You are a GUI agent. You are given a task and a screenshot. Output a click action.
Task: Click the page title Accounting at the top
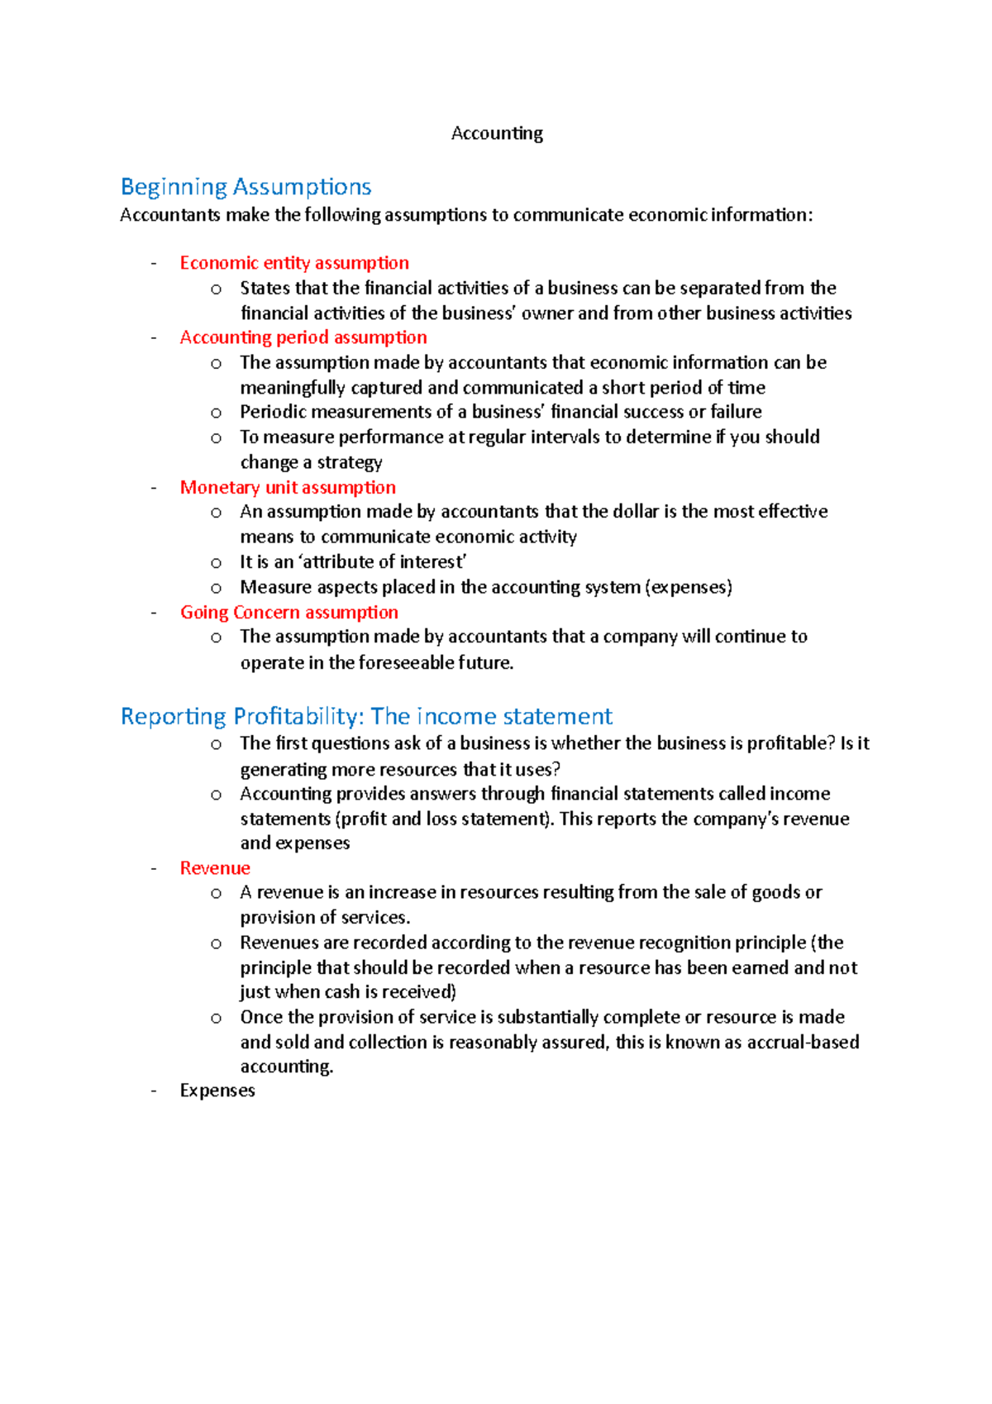[x=497, y=133]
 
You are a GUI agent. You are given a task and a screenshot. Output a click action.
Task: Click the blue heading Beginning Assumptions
[x=246, y=187]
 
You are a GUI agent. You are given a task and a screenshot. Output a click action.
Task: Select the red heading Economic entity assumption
[x=294, y=263]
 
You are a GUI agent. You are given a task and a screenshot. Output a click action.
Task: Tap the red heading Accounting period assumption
[x=303, y=337]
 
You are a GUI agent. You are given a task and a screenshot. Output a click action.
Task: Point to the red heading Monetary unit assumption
[x=288, y=488]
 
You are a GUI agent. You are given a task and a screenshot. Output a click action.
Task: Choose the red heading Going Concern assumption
[x=289, y=613]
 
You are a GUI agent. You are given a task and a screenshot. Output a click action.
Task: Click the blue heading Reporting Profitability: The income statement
[x=366, y=716]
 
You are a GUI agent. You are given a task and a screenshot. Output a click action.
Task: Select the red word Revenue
[x=215, y=868]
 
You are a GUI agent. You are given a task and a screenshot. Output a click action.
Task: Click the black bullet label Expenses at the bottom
[x=217, y=1091]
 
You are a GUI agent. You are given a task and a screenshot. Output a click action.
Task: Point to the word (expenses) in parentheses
[x=689, y=587]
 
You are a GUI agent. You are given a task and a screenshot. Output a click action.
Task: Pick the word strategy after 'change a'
[x=350, y=463]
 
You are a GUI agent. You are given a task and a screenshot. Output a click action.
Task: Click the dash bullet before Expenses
[x=154, y=1091]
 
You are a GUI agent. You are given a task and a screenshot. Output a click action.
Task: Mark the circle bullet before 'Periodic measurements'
[x=216, y=413]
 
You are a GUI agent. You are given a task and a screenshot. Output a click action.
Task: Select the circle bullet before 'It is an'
[x=216, y=564]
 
